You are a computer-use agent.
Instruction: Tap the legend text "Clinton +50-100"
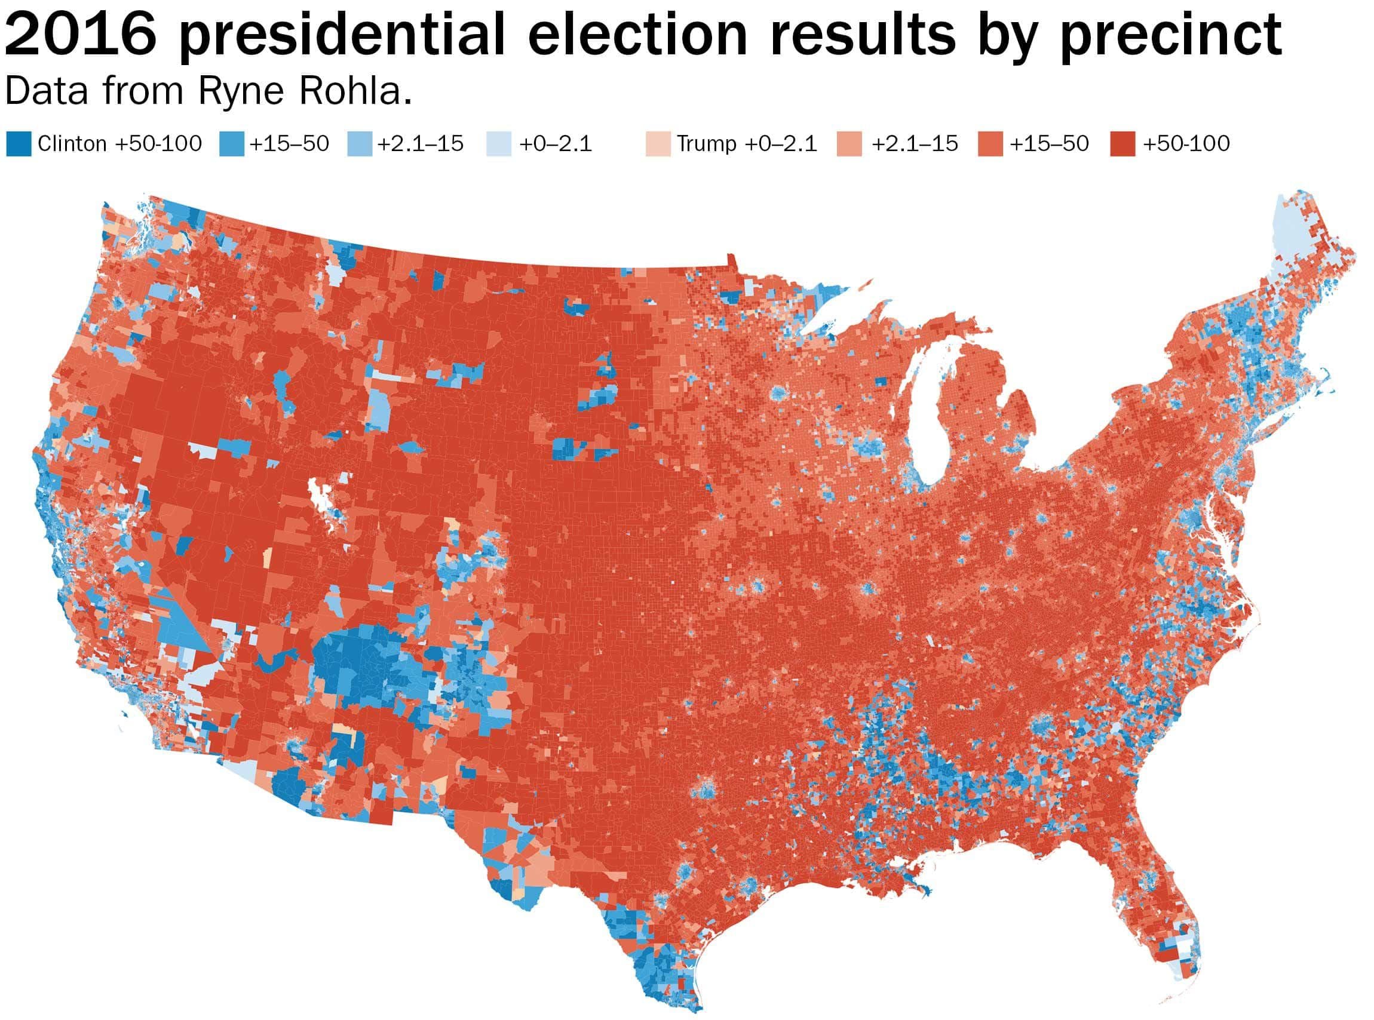coord(119,144)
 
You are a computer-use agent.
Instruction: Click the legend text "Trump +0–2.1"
coord(747,144)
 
